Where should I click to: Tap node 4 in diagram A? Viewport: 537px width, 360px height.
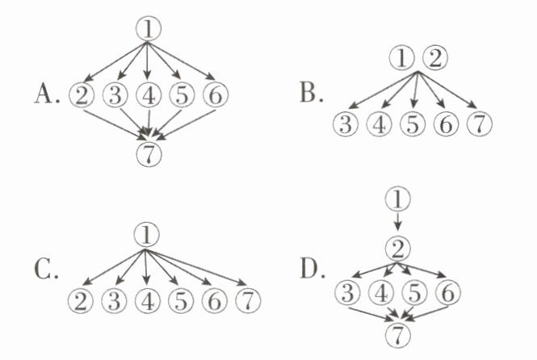[x=149, y=95]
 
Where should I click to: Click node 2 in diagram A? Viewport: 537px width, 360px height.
[x=82, y=95]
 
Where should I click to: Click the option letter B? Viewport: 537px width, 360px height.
[x=310, y=95]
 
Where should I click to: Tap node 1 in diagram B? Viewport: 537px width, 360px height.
[x=401, y=58]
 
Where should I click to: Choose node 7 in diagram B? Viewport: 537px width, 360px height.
[x=479, y=124]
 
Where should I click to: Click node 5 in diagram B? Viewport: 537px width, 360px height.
[x=413, y=124]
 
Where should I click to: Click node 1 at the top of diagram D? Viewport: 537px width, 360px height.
[x=397, y=196]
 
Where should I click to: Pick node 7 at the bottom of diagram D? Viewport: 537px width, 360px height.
[x=397, y=333]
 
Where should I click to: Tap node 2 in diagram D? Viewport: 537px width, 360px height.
[x=397, y=247]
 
